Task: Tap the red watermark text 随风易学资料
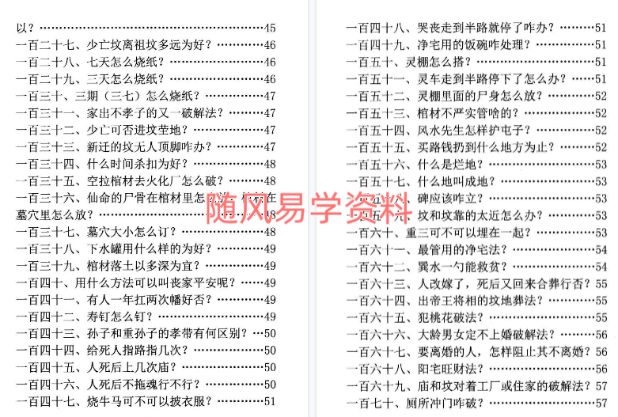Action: coord(309,207)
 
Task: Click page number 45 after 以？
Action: coord(269,28)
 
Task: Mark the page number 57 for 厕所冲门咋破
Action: coord(601,402)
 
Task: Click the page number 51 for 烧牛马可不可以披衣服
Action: coord(269,401)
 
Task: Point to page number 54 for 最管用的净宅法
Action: coord(601,249)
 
